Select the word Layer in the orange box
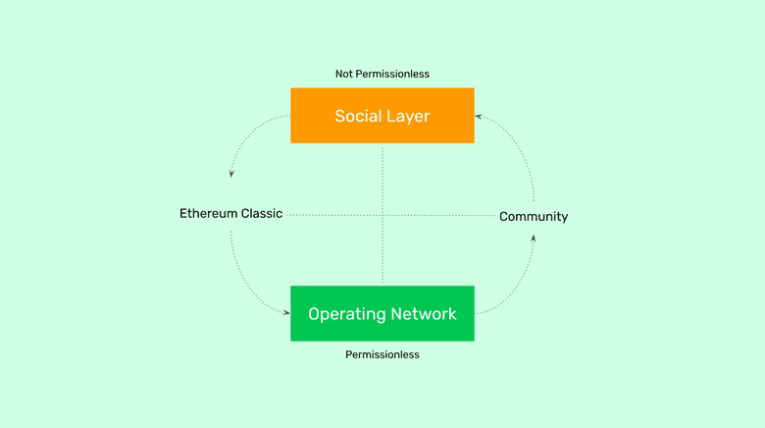[x=407, y=116]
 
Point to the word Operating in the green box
[x=344, y=314]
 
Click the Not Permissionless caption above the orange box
[x=382, y=74]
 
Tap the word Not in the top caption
[x=345, y=74]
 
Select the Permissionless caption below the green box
[x=382, y=354]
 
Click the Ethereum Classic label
[x=230, y=213]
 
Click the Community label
[x=534, y=216]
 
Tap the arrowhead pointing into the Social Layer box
[x=479, y=116]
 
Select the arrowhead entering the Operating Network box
[x=286, y=313]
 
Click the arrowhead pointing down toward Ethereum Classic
[x=231, y=174]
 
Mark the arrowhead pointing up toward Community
[x=534, y=238]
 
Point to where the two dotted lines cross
[x=382, y=215]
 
